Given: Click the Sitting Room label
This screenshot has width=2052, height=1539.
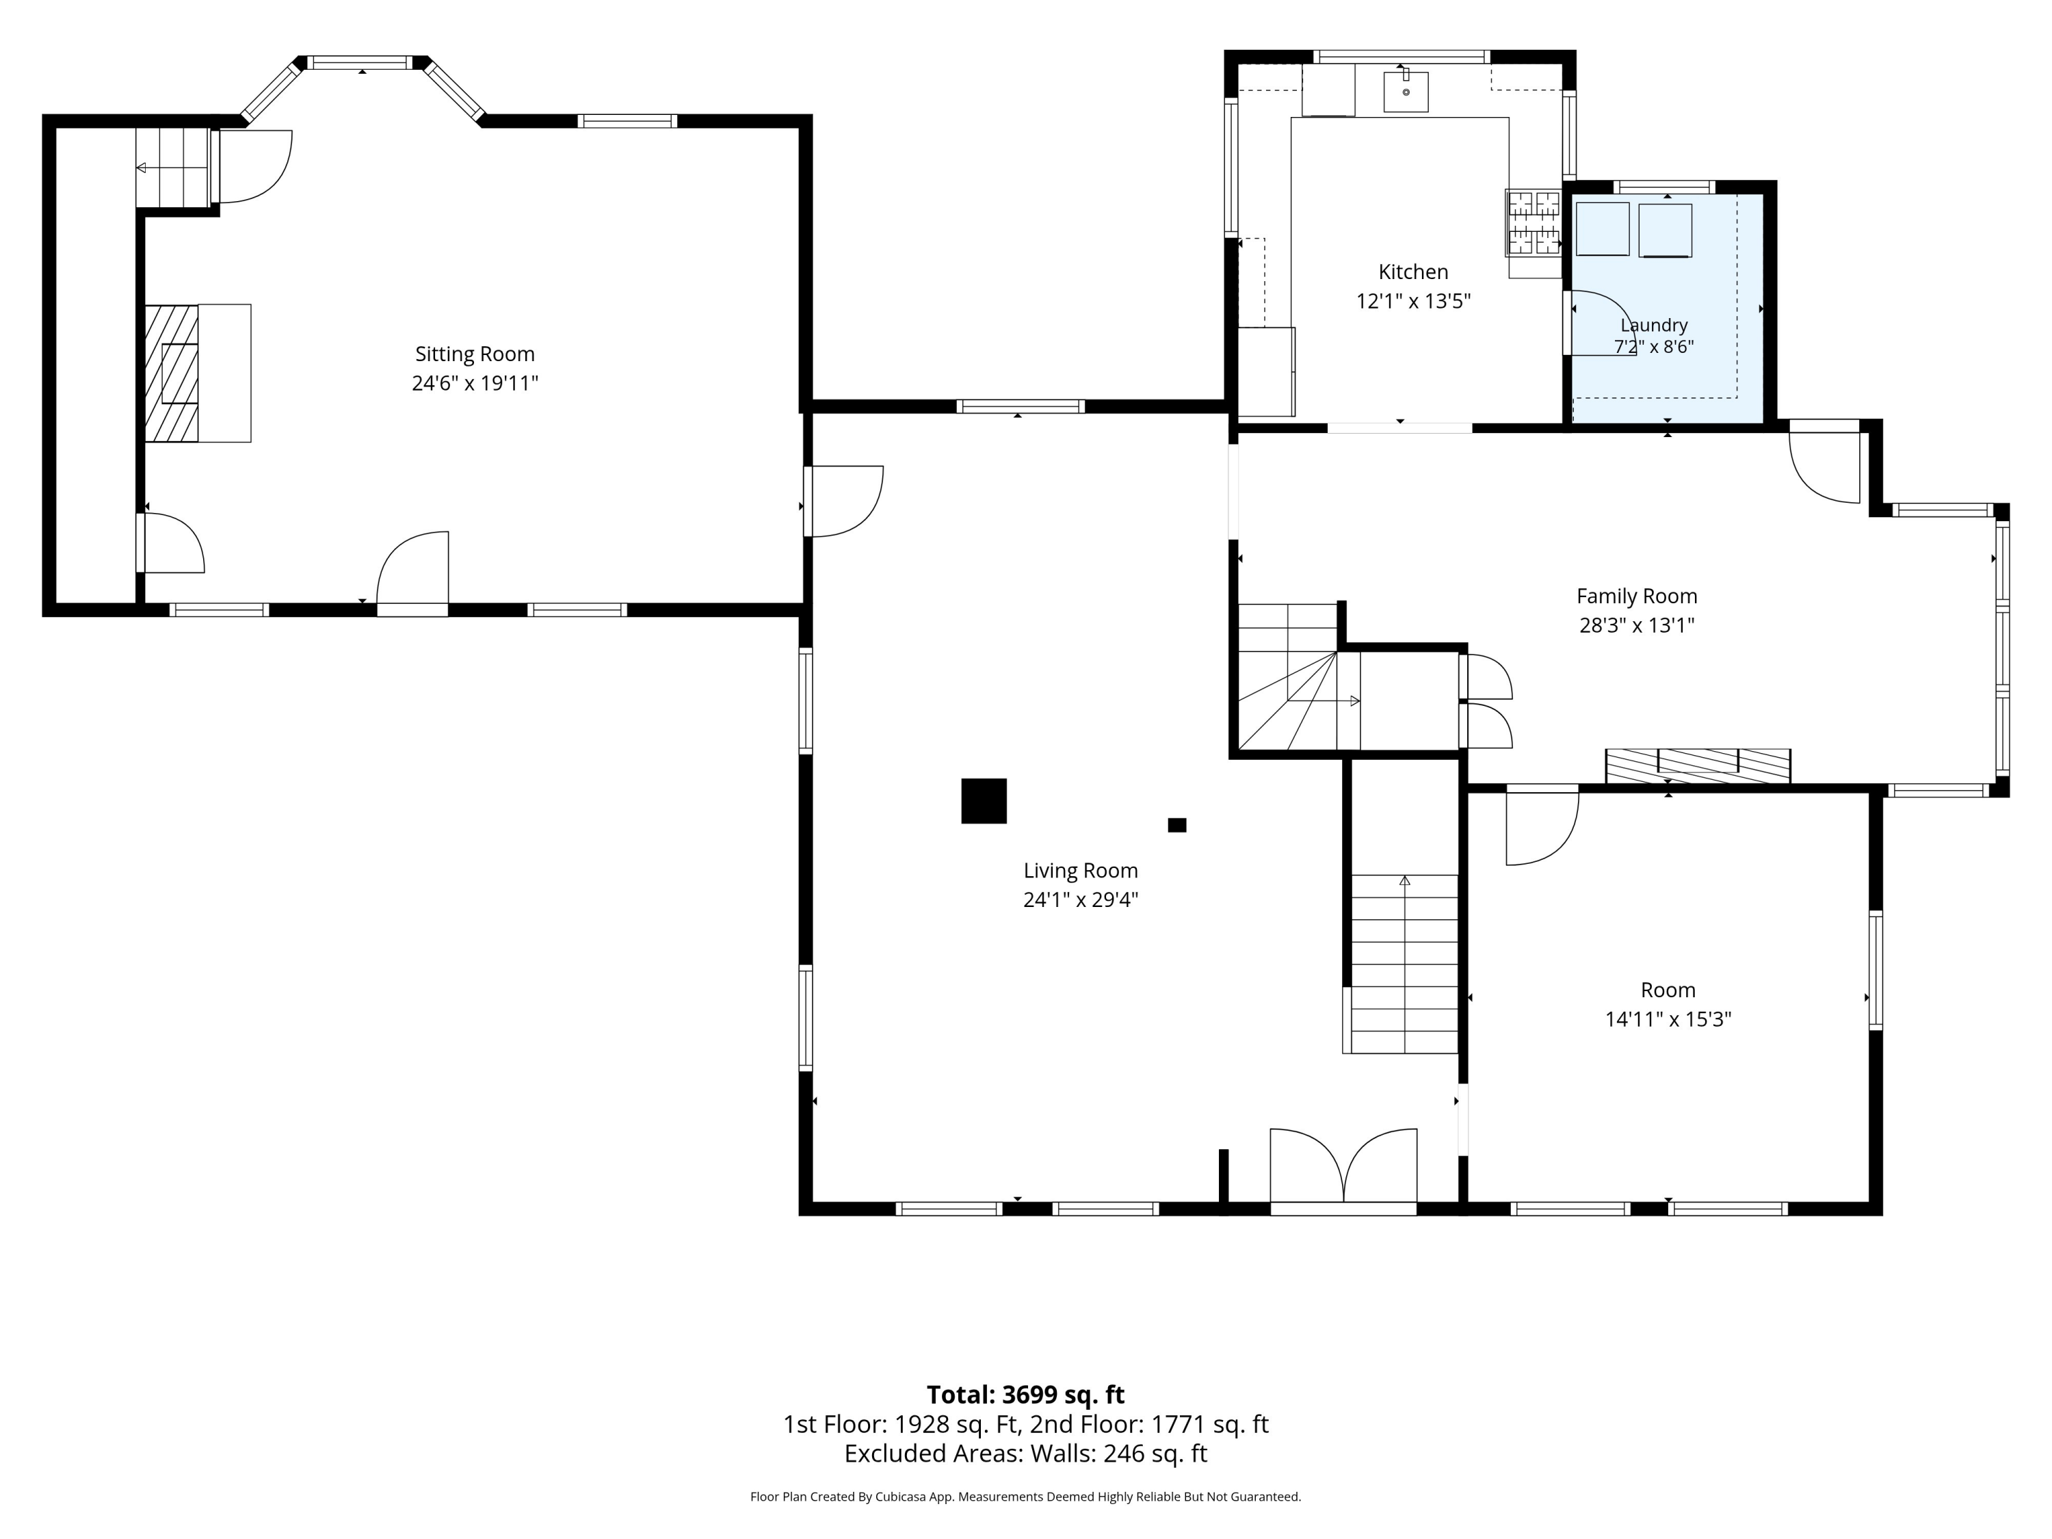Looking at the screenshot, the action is (x=474, y=354).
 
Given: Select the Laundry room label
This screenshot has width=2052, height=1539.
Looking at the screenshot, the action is (x=1654, y=325).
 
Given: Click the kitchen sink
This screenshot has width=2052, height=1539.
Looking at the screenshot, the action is (x=1406, y=91).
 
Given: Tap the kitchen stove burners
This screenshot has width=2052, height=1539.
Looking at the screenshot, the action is (x=1534, y=222).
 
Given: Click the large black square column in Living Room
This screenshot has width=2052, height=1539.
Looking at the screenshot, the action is (x=984, y=800).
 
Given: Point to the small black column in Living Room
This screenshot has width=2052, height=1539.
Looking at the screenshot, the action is (x=1177, y=825).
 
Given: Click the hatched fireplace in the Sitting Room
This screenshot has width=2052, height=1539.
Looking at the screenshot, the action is (x=172, y=373).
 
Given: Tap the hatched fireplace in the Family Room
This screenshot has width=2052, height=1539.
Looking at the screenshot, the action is (x=1698, y=765).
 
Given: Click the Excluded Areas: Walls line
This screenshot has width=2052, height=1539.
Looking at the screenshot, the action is (x=1025, y=1453).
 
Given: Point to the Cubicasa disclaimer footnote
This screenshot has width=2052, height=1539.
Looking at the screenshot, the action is (x=1025, y=1497).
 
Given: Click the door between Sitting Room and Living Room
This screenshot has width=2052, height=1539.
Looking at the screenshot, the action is (x=843, y=501).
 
